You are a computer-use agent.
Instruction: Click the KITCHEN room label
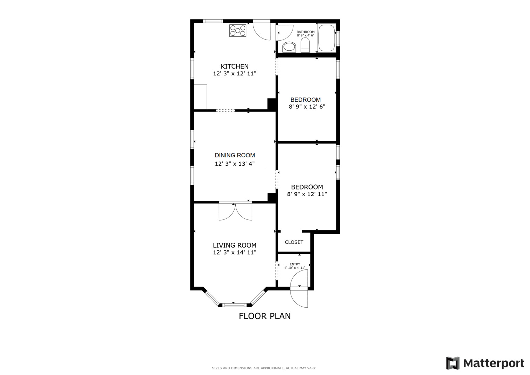point(235,66)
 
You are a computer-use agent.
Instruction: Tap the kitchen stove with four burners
point(238,31)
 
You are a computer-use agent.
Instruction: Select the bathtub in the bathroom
point(326,37)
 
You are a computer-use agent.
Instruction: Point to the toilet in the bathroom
point(305,45)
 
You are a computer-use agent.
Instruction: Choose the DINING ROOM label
point(235,155)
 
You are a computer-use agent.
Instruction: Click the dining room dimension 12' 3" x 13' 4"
point(235,164)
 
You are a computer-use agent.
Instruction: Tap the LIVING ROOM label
point(235,245)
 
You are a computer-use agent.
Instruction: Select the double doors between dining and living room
point(235,210)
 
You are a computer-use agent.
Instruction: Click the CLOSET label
point(294,242)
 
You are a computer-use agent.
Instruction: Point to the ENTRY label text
point(295,264)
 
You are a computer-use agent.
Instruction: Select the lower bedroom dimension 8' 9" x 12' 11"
point(307,194)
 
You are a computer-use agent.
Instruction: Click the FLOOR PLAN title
point(265,316)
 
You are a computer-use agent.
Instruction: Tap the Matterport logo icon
point(453,363)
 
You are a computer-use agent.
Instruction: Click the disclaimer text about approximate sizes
point(264,368)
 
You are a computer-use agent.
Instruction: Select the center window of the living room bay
point(234,305)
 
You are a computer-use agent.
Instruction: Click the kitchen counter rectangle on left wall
point(200,97)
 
